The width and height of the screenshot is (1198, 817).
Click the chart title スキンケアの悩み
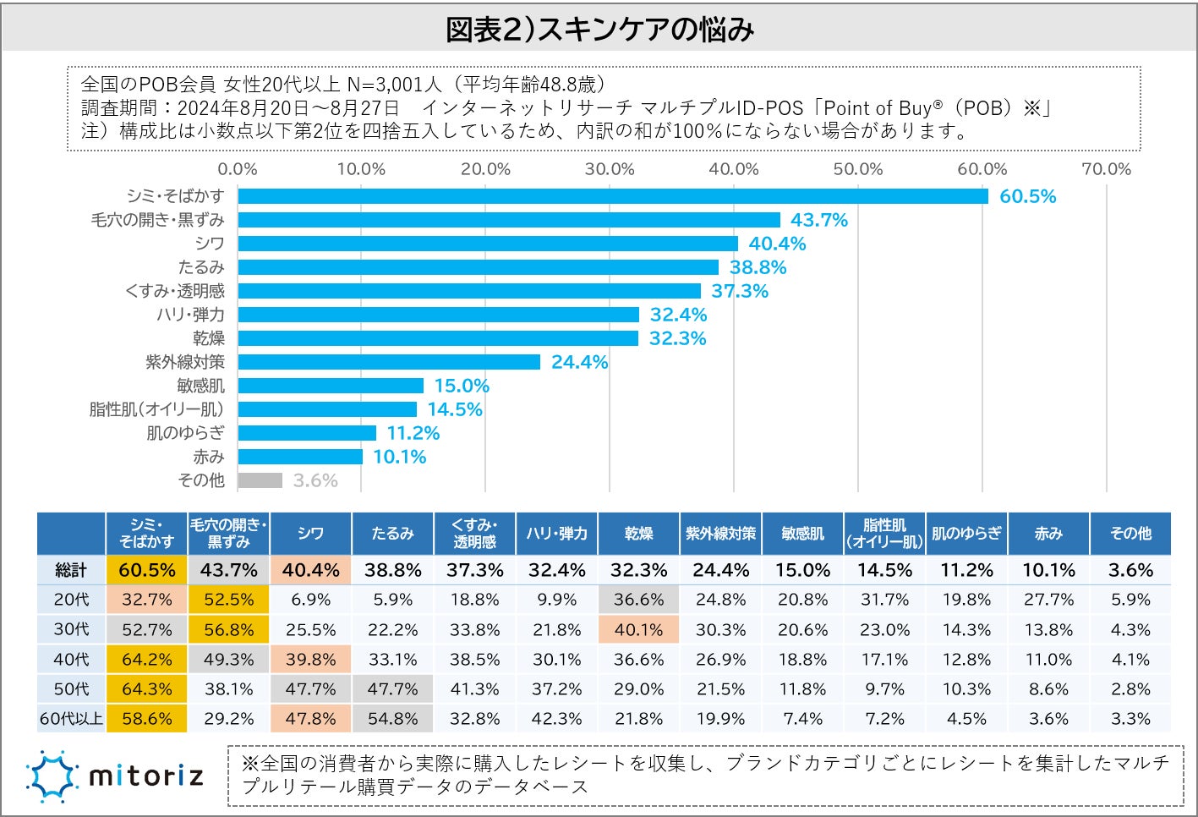point(599,30)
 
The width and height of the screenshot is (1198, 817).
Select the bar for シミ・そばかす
point(612,196)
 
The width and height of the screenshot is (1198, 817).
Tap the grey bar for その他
point(260,480)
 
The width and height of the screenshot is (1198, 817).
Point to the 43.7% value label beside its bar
point(818,220)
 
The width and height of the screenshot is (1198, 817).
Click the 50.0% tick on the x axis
point(857,169)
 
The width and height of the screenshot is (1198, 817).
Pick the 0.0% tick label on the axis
point(238,169)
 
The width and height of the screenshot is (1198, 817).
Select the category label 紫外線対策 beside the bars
point(184,362)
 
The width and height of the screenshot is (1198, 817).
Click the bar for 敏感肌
point(331,386)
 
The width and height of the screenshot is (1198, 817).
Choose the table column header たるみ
point(392,534)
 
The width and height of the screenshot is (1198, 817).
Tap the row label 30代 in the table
point(71,630)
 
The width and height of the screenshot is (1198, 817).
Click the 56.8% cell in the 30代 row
point(228,630)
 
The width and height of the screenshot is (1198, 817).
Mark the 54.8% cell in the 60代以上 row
point(392,719)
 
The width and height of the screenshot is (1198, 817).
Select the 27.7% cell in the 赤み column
point(1048,600)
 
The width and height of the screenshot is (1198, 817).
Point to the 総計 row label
point(71,570)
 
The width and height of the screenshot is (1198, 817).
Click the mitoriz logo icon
point(52,776)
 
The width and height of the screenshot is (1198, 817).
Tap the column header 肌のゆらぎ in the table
point(966,534)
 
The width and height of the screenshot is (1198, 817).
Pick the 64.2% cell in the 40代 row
point(146,660)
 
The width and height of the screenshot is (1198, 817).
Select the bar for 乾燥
point(438,338)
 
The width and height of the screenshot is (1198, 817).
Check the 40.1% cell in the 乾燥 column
point(638,630)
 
